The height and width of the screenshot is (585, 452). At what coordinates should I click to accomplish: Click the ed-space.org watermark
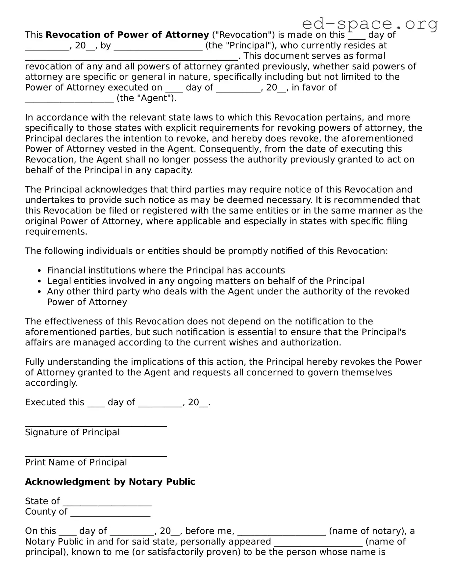[370, 23]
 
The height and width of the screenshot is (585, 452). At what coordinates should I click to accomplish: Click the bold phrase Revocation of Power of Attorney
[127, 35]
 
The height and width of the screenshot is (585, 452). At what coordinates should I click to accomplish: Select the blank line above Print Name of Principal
[96, 455]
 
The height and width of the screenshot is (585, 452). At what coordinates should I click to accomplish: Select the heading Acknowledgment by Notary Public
[110, 482]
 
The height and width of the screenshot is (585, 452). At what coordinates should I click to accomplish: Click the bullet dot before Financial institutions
[39, 271]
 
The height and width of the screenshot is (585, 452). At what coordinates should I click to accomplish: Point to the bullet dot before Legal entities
[39, 281]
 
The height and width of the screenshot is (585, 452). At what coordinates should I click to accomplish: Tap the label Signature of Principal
[72, 432]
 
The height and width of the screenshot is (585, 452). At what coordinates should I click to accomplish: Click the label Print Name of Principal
[76, 462]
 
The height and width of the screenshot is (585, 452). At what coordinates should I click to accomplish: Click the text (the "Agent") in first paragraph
[146, 98]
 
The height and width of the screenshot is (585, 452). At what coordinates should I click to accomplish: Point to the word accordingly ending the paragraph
[51, 383]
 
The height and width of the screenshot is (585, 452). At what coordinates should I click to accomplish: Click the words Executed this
[55, 402]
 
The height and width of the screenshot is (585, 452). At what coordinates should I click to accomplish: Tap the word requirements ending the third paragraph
[56, 232]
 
